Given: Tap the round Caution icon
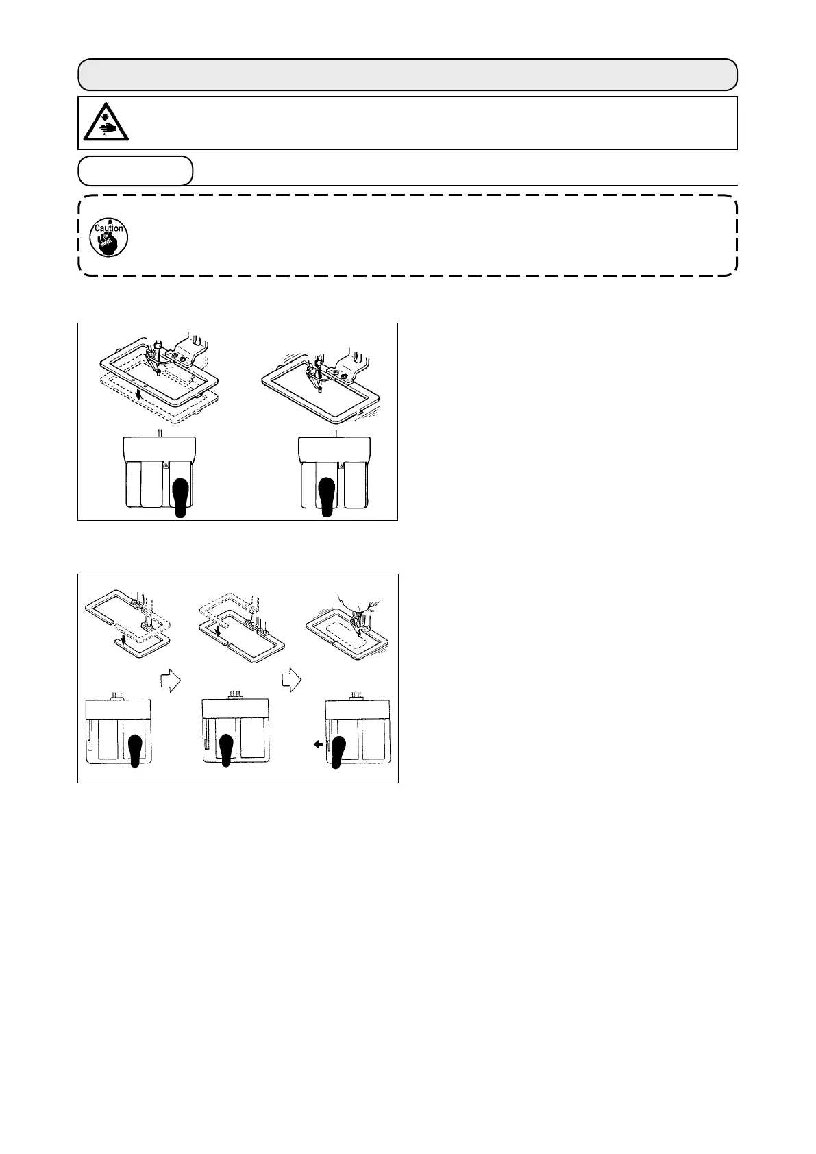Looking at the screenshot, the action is (108, 237).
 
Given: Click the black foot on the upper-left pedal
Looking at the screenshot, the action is (181, 495).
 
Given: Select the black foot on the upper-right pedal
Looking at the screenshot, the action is (327, 495).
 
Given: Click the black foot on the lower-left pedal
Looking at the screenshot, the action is (135, 750).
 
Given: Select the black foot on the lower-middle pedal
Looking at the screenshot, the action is (227, 750).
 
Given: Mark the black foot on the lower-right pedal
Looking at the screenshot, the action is (337, 750).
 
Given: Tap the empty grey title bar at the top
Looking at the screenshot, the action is (407, 75).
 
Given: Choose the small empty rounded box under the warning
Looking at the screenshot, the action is (135, 171).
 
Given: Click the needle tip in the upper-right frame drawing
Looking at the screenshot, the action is (319, 390).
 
